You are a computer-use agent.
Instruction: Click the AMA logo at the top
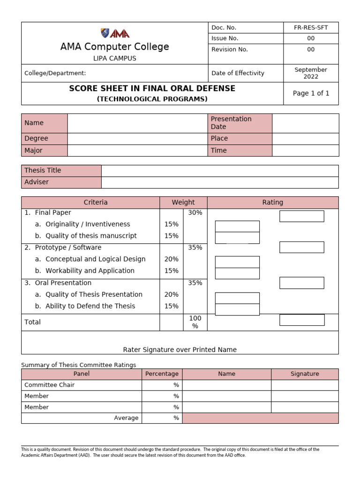[115, 33]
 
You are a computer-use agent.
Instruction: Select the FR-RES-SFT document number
[311, 28]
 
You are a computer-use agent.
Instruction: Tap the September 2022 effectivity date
[311, 73]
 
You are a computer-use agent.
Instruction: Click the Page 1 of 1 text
[311, 93]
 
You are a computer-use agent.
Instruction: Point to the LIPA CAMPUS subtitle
[115, 59]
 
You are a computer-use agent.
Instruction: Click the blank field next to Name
[137, 123]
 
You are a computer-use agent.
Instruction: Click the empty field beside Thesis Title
[220, 171]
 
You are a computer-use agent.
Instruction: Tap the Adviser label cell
[61, 182]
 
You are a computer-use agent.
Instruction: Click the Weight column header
[183, 202]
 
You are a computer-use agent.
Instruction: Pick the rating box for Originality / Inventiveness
[237, 226]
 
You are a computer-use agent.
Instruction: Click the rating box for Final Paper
[302, 216]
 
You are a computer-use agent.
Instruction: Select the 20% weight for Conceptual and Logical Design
[171, 259]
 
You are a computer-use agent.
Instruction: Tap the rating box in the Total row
[302, 320]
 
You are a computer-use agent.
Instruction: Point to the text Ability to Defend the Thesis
[90, 306]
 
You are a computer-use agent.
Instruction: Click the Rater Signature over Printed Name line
[180, 350]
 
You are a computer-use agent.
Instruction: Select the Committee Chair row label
[49, 385]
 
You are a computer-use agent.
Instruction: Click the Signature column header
[305, 374]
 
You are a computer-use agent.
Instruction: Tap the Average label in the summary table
[126, 418]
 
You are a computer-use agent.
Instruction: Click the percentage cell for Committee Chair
[162, 385]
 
